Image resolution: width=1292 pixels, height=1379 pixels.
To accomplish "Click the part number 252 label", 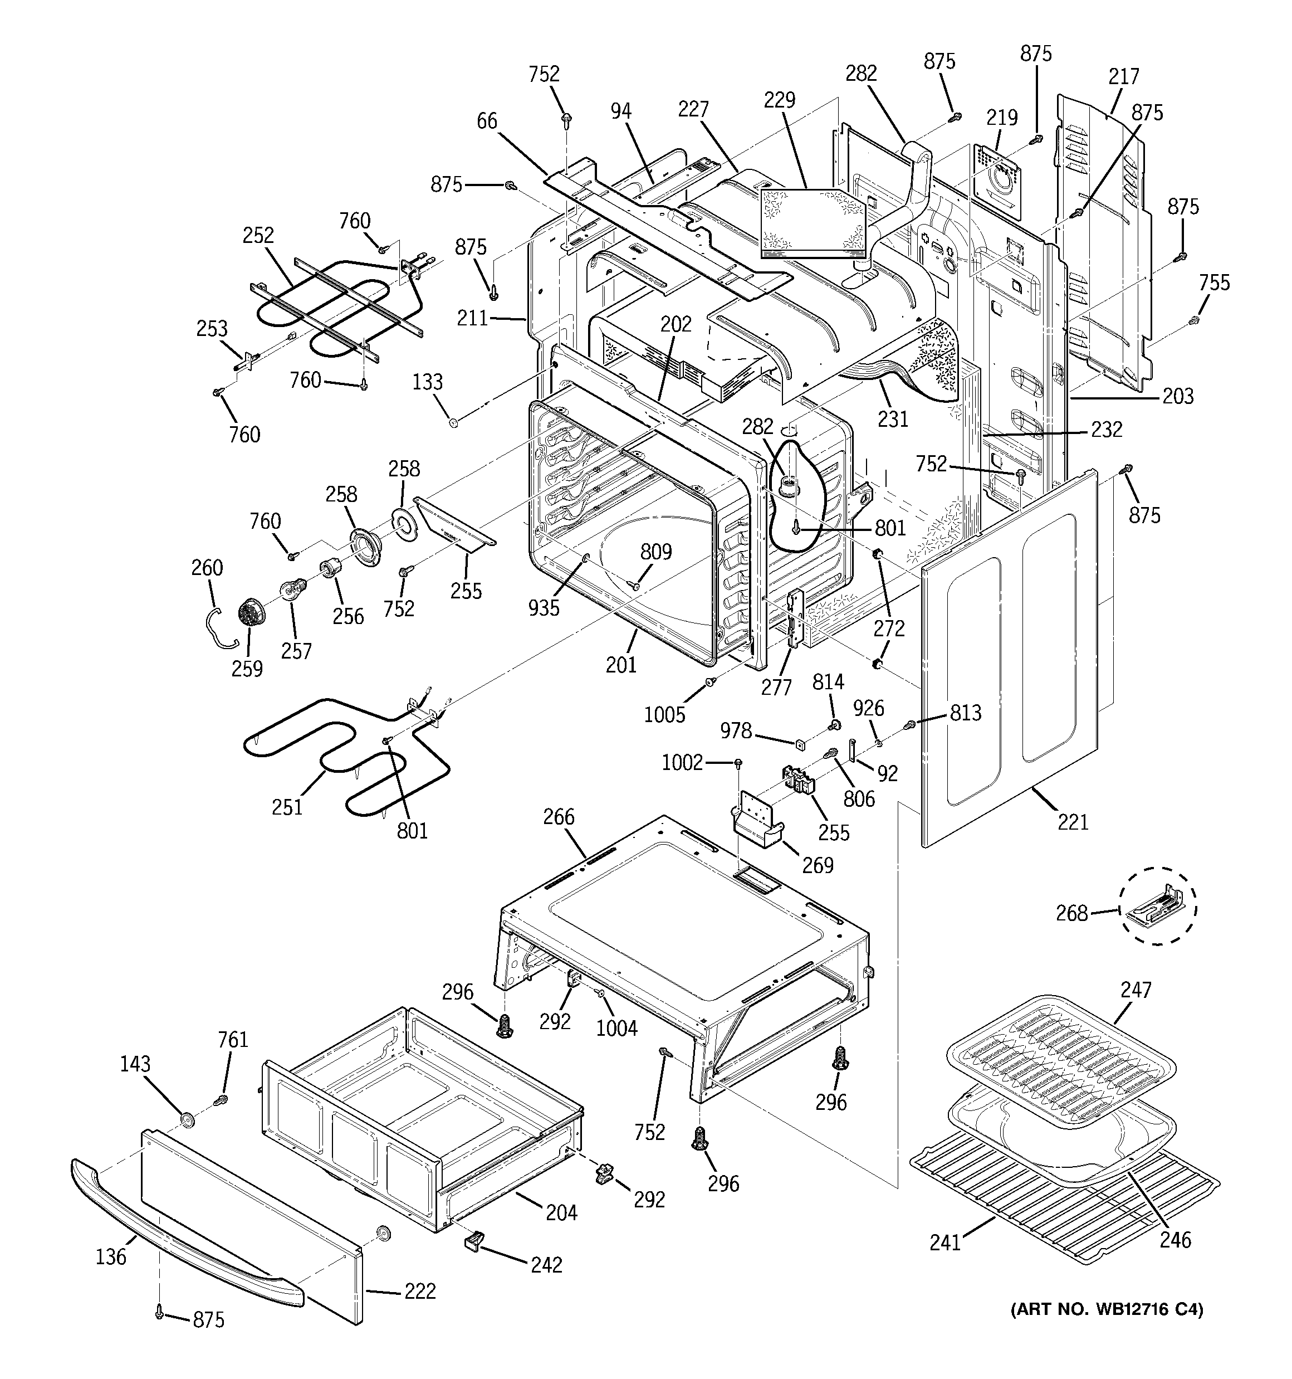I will pos(258,236).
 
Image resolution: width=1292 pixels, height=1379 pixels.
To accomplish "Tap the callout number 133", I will pos(427,382).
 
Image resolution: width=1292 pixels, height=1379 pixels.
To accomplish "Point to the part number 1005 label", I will pos(664,714).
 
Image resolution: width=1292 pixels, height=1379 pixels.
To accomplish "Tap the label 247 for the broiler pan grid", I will pos(1136,990).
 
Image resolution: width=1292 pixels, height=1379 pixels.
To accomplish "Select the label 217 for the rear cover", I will pos(1123,76).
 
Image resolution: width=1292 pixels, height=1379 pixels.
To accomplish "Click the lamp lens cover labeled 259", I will pos(248,613).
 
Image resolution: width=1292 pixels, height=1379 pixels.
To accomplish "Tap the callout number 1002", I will pos(682,763).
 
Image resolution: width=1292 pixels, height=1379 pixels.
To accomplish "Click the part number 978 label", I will pos(735,730).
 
